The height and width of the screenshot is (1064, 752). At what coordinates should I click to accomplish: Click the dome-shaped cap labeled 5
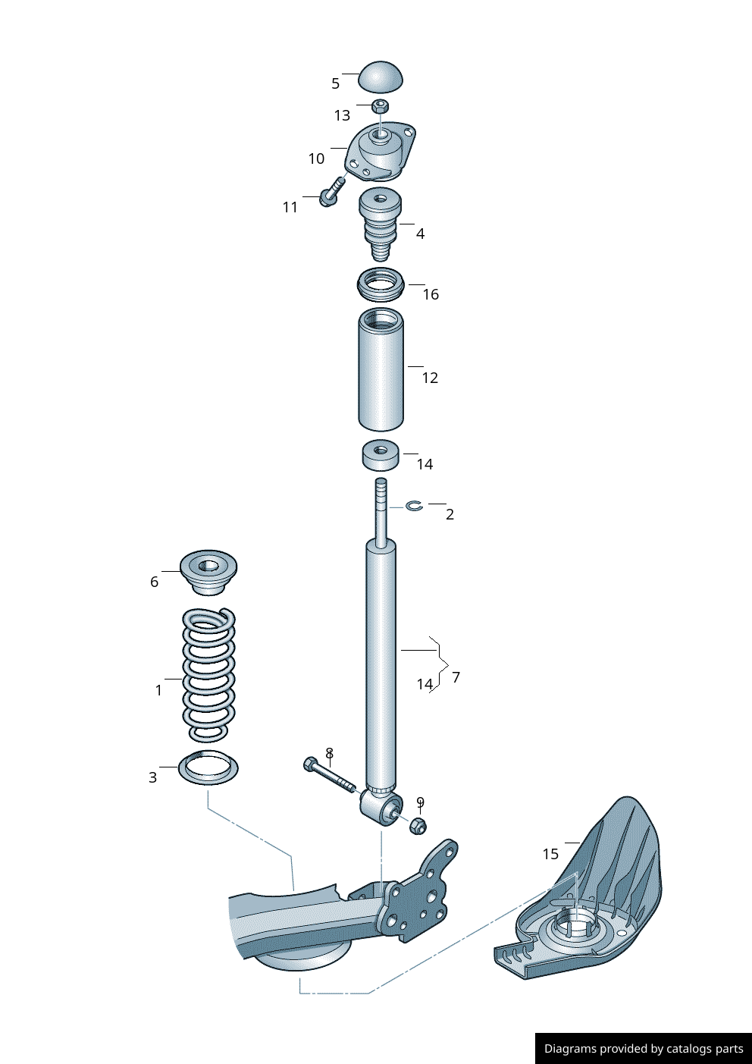click(x=381, y=77)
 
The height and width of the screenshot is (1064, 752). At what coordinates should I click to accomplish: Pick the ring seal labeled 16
click(x=381, y=284)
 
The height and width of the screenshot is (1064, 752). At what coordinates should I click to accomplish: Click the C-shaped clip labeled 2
click(x=414, y=505)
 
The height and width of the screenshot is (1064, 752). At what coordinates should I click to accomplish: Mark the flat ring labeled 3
click(x=208, y=767)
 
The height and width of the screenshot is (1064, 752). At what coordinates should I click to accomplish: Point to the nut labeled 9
click(x=418, y=824)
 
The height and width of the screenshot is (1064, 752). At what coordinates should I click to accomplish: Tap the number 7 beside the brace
click(x=456, y=677)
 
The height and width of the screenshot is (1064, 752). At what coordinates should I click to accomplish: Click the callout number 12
click(x=430, y=378)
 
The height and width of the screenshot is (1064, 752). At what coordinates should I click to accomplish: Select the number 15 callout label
click(x=550, y=855)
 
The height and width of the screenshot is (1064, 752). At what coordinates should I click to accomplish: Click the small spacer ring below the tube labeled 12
click(x=381, y=454)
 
